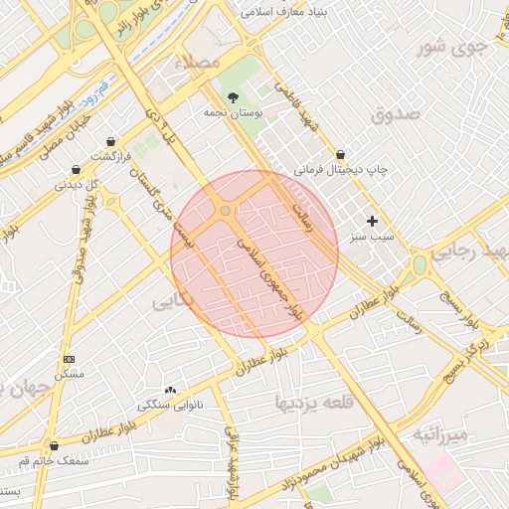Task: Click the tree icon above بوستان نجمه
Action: point(233,97)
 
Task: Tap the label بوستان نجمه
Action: point(233,115)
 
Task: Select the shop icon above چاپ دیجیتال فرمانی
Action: point(341,154)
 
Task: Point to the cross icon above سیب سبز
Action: point(373,222)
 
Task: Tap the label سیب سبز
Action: point(372,238)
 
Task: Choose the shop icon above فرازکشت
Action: point(109,142)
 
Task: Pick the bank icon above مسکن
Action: point(69,358)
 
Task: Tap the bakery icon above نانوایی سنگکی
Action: point(170,390)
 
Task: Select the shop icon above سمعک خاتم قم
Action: point(54,446)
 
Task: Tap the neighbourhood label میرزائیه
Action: point(439,434)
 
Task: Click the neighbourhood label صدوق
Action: point(396,114)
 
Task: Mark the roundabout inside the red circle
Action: point(227,211)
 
